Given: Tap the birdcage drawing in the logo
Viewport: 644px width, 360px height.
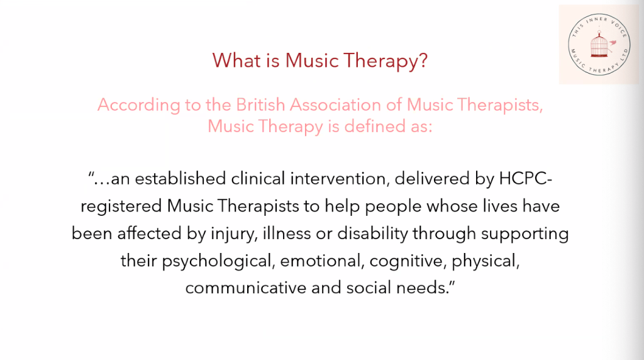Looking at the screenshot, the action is pos(599,44).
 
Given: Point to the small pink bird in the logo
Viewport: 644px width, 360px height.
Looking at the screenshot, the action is pos(613,42).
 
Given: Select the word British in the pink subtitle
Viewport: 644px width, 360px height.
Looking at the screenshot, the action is pos(260,105).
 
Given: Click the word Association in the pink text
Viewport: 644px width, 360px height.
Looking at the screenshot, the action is pos(335,105).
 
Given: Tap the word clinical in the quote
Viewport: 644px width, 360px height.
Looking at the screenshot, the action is pos(258,179).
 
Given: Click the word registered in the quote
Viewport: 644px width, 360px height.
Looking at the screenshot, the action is pos(121,206).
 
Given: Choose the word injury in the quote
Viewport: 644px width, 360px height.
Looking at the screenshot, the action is pos(234,234).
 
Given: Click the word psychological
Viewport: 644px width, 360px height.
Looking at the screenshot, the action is pos(218,261).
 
